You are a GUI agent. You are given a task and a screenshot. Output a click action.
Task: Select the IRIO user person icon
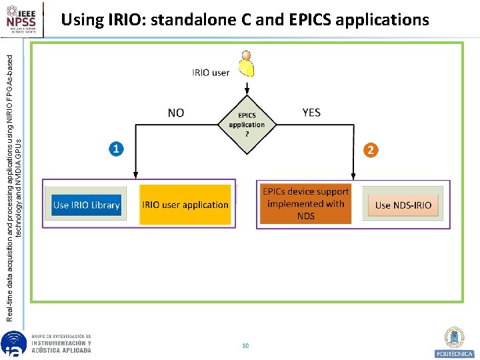pyautogui.click(x=247, y=63)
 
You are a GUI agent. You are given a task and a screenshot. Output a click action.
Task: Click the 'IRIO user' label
pyautogui.click(x=211, y=73)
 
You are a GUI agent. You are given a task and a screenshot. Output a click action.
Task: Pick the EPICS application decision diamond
pyautogui.click(x=247, y=125)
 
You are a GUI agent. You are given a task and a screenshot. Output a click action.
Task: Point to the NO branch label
pyautogui.click(x=176, y=113)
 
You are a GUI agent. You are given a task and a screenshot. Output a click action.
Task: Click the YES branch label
pyautogui.click(x=311, y=113)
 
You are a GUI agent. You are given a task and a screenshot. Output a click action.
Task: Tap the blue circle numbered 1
pyautogui.click(x=116, y=149)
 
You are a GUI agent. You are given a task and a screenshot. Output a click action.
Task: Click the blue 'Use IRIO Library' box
pyautogui.click(x=87, y=205)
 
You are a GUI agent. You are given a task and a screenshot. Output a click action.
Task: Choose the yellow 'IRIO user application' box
pyautogui.click(x=185, y=205)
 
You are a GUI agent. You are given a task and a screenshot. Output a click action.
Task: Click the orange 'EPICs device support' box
pyautogui.click(x=306, y=204)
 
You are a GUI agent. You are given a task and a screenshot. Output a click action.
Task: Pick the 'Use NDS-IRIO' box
pyautogui.click(x=403, y=205)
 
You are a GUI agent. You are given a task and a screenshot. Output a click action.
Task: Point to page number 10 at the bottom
pyautogui.click(x=245, y=345)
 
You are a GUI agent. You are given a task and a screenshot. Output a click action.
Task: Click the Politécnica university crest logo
pyautogui.click(x=455, y=341)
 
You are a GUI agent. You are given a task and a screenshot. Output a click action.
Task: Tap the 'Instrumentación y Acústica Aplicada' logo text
pyautogui.click(x=61, y=344)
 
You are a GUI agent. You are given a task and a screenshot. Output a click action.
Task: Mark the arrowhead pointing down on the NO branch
pyautogui.click(x=135, y=175)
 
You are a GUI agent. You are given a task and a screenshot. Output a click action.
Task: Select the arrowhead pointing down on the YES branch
pyautogui.click(x=353, y=175)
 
